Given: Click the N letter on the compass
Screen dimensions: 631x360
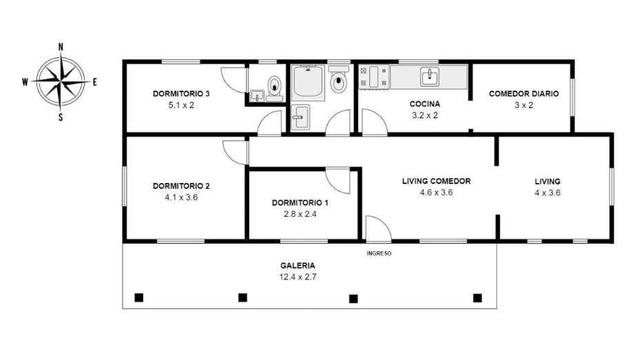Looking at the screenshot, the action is coord(61,47).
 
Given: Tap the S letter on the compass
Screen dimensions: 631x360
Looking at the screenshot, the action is coord(61,118).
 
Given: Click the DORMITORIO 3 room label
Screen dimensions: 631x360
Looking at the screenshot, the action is coord(181,94).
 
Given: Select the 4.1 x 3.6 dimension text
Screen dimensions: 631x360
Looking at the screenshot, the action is coord(181,198).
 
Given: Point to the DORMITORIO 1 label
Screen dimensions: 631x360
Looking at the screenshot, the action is coord(300,203).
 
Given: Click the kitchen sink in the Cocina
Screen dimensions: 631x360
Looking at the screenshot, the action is coord(430,77).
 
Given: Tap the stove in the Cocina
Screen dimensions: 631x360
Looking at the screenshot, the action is coord(374,76).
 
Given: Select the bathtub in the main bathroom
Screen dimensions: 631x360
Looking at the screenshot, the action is coord(308,83).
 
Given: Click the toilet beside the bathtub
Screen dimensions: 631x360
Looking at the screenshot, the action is coord(339,79).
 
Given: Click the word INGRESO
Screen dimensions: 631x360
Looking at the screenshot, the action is coord(379,253).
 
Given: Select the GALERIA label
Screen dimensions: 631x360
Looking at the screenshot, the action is coord(298,266).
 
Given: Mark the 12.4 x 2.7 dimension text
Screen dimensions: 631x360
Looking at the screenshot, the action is coord(298,277).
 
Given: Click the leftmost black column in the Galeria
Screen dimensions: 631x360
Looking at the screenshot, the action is coord(139,297).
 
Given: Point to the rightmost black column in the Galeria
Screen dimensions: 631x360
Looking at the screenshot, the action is coord(477,298).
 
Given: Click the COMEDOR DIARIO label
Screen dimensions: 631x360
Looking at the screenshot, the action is coord(524,94).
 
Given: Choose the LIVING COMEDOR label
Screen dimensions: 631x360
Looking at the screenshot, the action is coord(436,181).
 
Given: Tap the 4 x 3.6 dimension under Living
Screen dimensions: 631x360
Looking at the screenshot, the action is coord(548,193).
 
